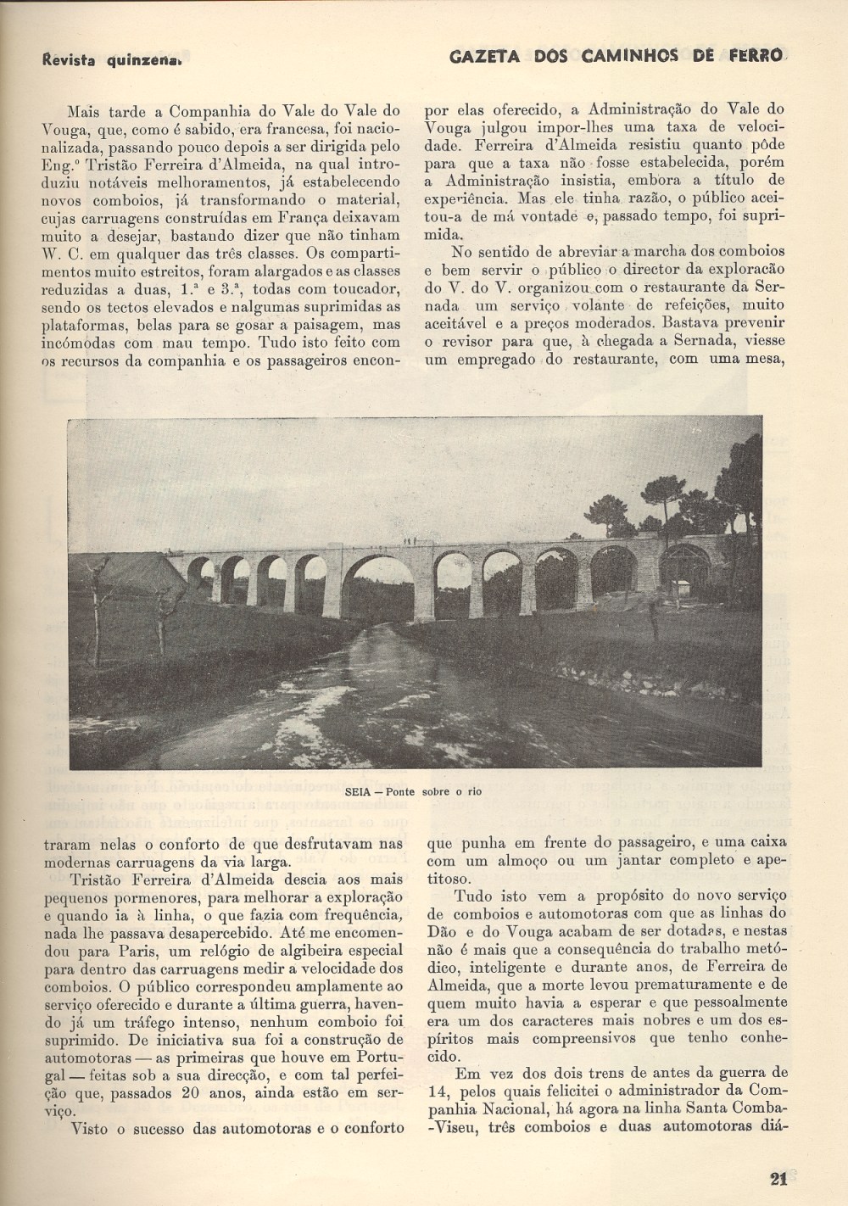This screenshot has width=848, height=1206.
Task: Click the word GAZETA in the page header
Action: [x=477, y=57]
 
